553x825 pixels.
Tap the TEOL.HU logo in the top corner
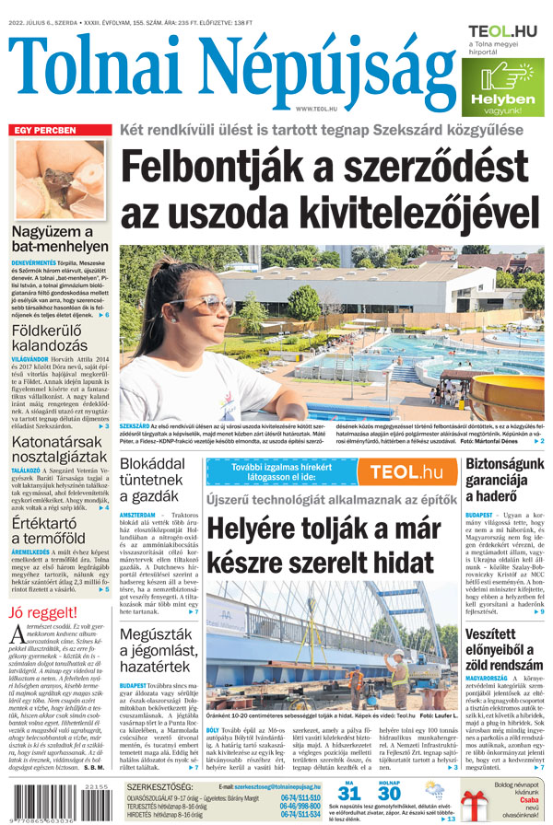point(502,32)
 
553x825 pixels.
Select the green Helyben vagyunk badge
point(506,88)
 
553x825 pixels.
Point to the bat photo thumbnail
point(58,177)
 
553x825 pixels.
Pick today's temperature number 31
point(348,793)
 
